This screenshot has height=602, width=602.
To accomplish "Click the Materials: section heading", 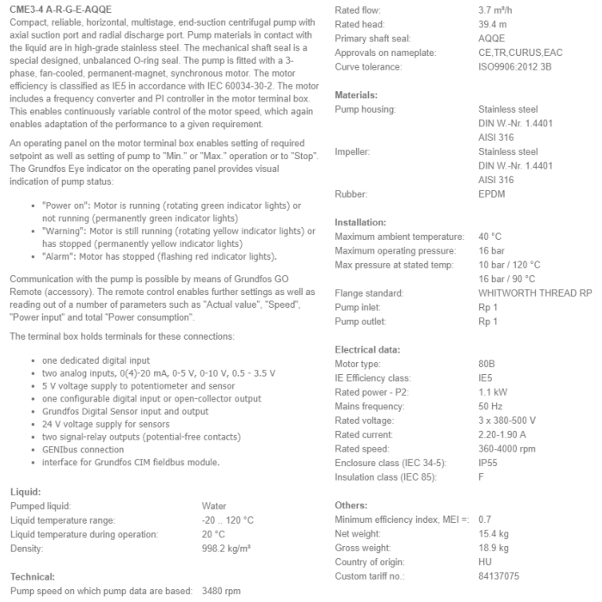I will (x=356, y=95).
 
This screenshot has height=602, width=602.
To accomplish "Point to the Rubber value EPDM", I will (x=492, y=194).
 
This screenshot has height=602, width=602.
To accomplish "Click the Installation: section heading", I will (x=360, y=222).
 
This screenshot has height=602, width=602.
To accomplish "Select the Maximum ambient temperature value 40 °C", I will (x=490, y=236).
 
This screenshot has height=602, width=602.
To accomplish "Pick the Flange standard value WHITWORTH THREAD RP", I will (x=535, y=293).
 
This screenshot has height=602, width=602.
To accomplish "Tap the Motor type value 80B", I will (x=487, y=364).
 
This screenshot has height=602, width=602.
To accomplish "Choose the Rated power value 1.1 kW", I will (x=493, y=392).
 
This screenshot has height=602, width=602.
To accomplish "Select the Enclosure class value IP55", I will (x=489, y=463).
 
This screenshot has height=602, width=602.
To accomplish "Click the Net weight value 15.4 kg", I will (x=494, y=533).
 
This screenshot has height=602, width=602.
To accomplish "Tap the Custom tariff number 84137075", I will (x=500, y=575).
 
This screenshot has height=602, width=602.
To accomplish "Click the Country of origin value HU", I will (x=485, y=562).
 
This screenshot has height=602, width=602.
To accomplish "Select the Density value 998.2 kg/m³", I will (x=227, y=548).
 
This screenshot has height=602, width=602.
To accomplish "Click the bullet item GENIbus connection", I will (x=83, y=449).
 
